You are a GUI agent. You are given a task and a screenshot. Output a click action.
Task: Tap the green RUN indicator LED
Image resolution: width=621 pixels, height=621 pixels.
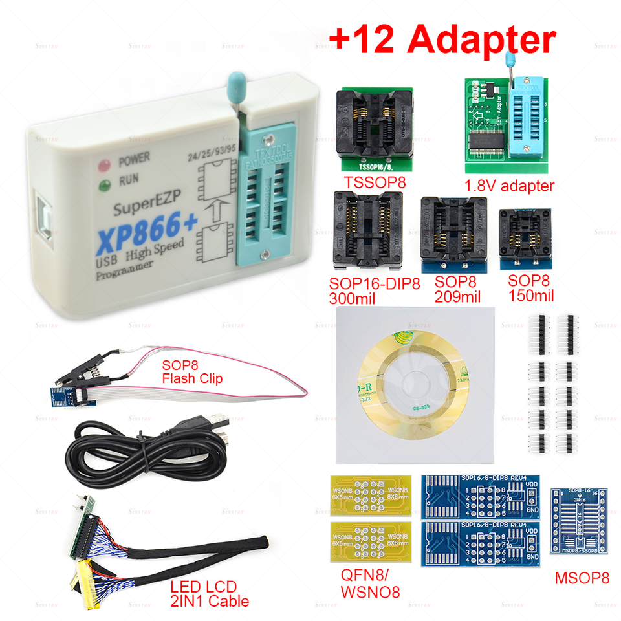pyautogui.click(x=102, y=188)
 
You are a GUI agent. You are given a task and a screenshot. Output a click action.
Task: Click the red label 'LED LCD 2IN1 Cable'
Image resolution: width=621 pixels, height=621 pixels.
pyautogui.click(x=210, y=594)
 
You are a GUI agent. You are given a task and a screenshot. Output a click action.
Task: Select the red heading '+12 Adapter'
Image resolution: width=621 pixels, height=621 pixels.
pyautogui.click(x=442, y=40)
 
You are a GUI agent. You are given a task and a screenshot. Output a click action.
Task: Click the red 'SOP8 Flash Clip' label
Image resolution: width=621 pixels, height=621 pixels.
pyautogui.click(x=191, y=371)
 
